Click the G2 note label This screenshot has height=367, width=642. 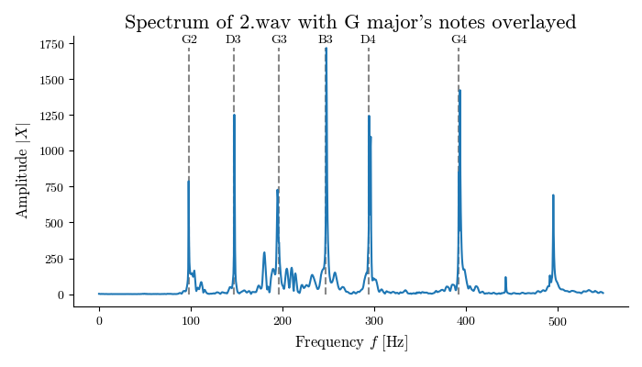189,39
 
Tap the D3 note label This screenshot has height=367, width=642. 234,39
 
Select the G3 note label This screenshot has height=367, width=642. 279,39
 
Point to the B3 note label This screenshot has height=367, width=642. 326,39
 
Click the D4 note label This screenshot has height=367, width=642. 369,39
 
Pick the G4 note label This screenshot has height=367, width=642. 459,39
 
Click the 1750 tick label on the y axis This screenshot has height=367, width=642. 51,44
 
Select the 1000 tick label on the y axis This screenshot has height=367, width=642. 51,151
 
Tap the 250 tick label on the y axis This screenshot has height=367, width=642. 55,260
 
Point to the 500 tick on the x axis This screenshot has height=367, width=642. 558,306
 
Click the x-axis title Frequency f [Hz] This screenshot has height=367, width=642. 351,342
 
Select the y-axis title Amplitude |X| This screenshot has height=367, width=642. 23,171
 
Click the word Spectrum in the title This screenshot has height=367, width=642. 161,22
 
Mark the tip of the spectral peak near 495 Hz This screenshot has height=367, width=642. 553,195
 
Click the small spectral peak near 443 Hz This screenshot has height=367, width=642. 505,277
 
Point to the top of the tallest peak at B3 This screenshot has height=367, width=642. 326,49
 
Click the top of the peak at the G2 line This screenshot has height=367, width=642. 188,181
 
